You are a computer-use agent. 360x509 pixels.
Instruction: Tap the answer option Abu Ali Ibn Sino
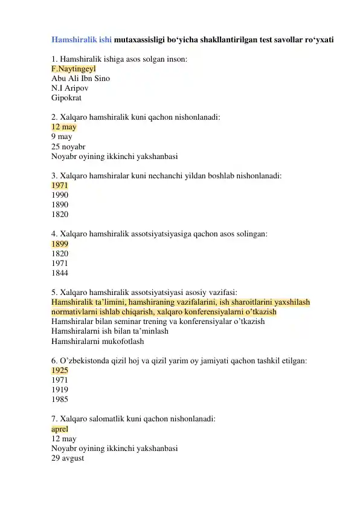81,79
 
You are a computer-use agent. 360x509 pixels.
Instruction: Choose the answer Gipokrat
66,98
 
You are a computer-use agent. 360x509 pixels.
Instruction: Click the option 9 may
62,137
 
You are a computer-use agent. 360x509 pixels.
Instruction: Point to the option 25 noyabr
68,147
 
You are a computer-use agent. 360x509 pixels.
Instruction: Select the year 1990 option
60,196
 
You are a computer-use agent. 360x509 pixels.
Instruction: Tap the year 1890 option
60,206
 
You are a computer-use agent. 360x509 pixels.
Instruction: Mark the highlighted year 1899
60,244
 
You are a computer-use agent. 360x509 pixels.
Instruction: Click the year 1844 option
60,273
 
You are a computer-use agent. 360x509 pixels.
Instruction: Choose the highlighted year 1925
60,371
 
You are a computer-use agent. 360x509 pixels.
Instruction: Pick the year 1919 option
60,390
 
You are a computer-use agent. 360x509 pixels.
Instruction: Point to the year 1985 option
60,400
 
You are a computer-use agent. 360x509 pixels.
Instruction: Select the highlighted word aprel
60,429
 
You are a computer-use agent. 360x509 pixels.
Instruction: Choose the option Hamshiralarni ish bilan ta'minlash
110,332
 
